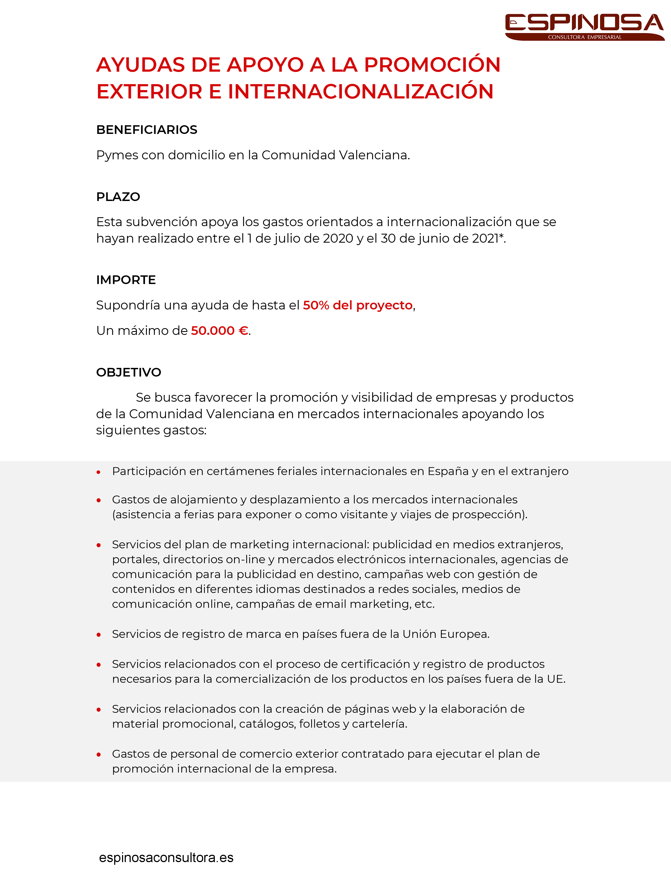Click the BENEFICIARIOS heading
point(147,130)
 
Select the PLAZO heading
point(118,197)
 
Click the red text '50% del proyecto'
point(357,305)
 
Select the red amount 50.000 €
point(219,331)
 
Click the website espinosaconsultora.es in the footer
point(166,857)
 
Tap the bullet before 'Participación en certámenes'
point(98,472)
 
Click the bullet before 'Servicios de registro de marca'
point(98,635)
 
